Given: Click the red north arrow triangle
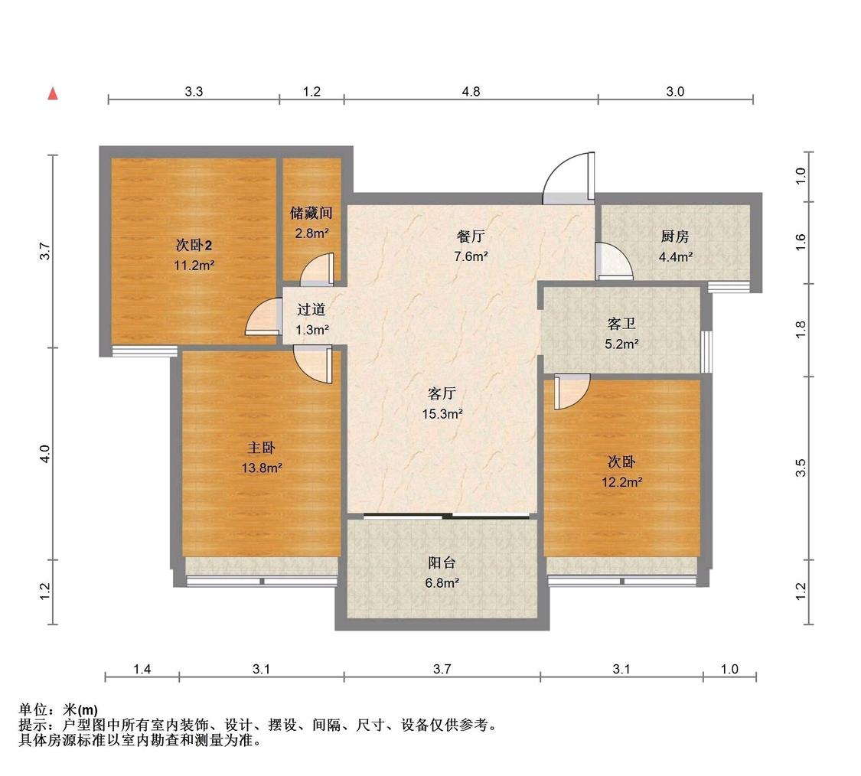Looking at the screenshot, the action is pos(53,94).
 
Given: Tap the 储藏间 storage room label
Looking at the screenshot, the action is pos(311,213).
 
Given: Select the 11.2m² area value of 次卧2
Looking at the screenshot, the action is pos(194,266).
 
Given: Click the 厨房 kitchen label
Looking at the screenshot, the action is pos(675,236).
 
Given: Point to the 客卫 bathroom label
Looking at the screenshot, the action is pos(621,324).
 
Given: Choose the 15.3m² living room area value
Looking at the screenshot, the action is pos(442,414).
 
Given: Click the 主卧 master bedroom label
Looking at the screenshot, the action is pos(262,448).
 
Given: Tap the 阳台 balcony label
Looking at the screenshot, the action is pos(442,563).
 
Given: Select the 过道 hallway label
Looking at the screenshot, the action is pos(311,310).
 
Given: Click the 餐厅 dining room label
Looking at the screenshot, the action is pos(471,236).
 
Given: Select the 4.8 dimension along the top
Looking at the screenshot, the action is pos(471,92).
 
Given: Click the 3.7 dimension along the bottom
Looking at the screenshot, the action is pos(442,669).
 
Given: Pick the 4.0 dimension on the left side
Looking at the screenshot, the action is pos(45,454).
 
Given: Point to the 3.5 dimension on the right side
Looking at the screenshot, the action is pos(801,468).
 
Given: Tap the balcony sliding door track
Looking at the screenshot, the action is pos(446,516).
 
